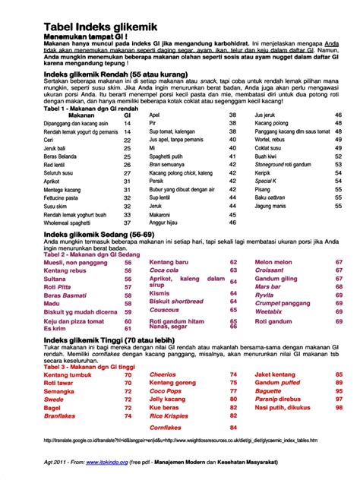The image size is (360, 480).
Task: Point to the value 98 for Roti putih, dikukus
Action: click(338, 407)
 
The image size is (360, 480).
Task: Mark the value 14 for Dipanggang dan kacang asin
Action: click(127, 123)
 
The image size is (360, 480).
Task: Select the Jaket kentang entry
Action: click(276, 374)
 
